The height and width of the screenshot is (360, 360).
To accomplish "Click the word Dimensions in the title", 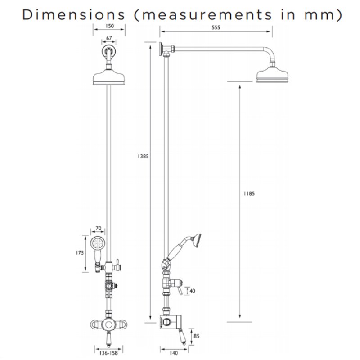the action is point(73,14).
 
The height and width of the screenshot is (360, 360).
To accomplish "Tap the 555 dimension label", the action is point(216,27).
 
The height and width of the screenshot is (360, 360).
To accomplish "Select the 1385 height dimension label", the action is point(143,156).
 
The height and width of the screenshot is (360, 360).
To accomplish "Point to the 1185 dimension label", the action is point(249,194).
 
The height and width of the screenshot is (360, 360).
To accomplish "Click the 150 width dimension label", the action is point(109,26).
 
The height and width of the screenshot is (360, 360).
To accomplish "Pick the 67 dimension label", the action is point(109,38).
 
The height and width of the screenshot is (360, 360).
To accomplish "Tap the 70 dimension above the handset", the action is point(98,229).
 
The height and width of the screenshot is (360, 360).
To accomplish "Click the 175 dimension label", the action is point(80,253).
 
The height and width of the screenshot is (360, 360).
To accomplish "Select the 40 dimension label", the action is point(193,291).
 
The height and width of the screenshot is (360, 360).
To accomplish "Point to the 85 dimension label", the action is point(196,336).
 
